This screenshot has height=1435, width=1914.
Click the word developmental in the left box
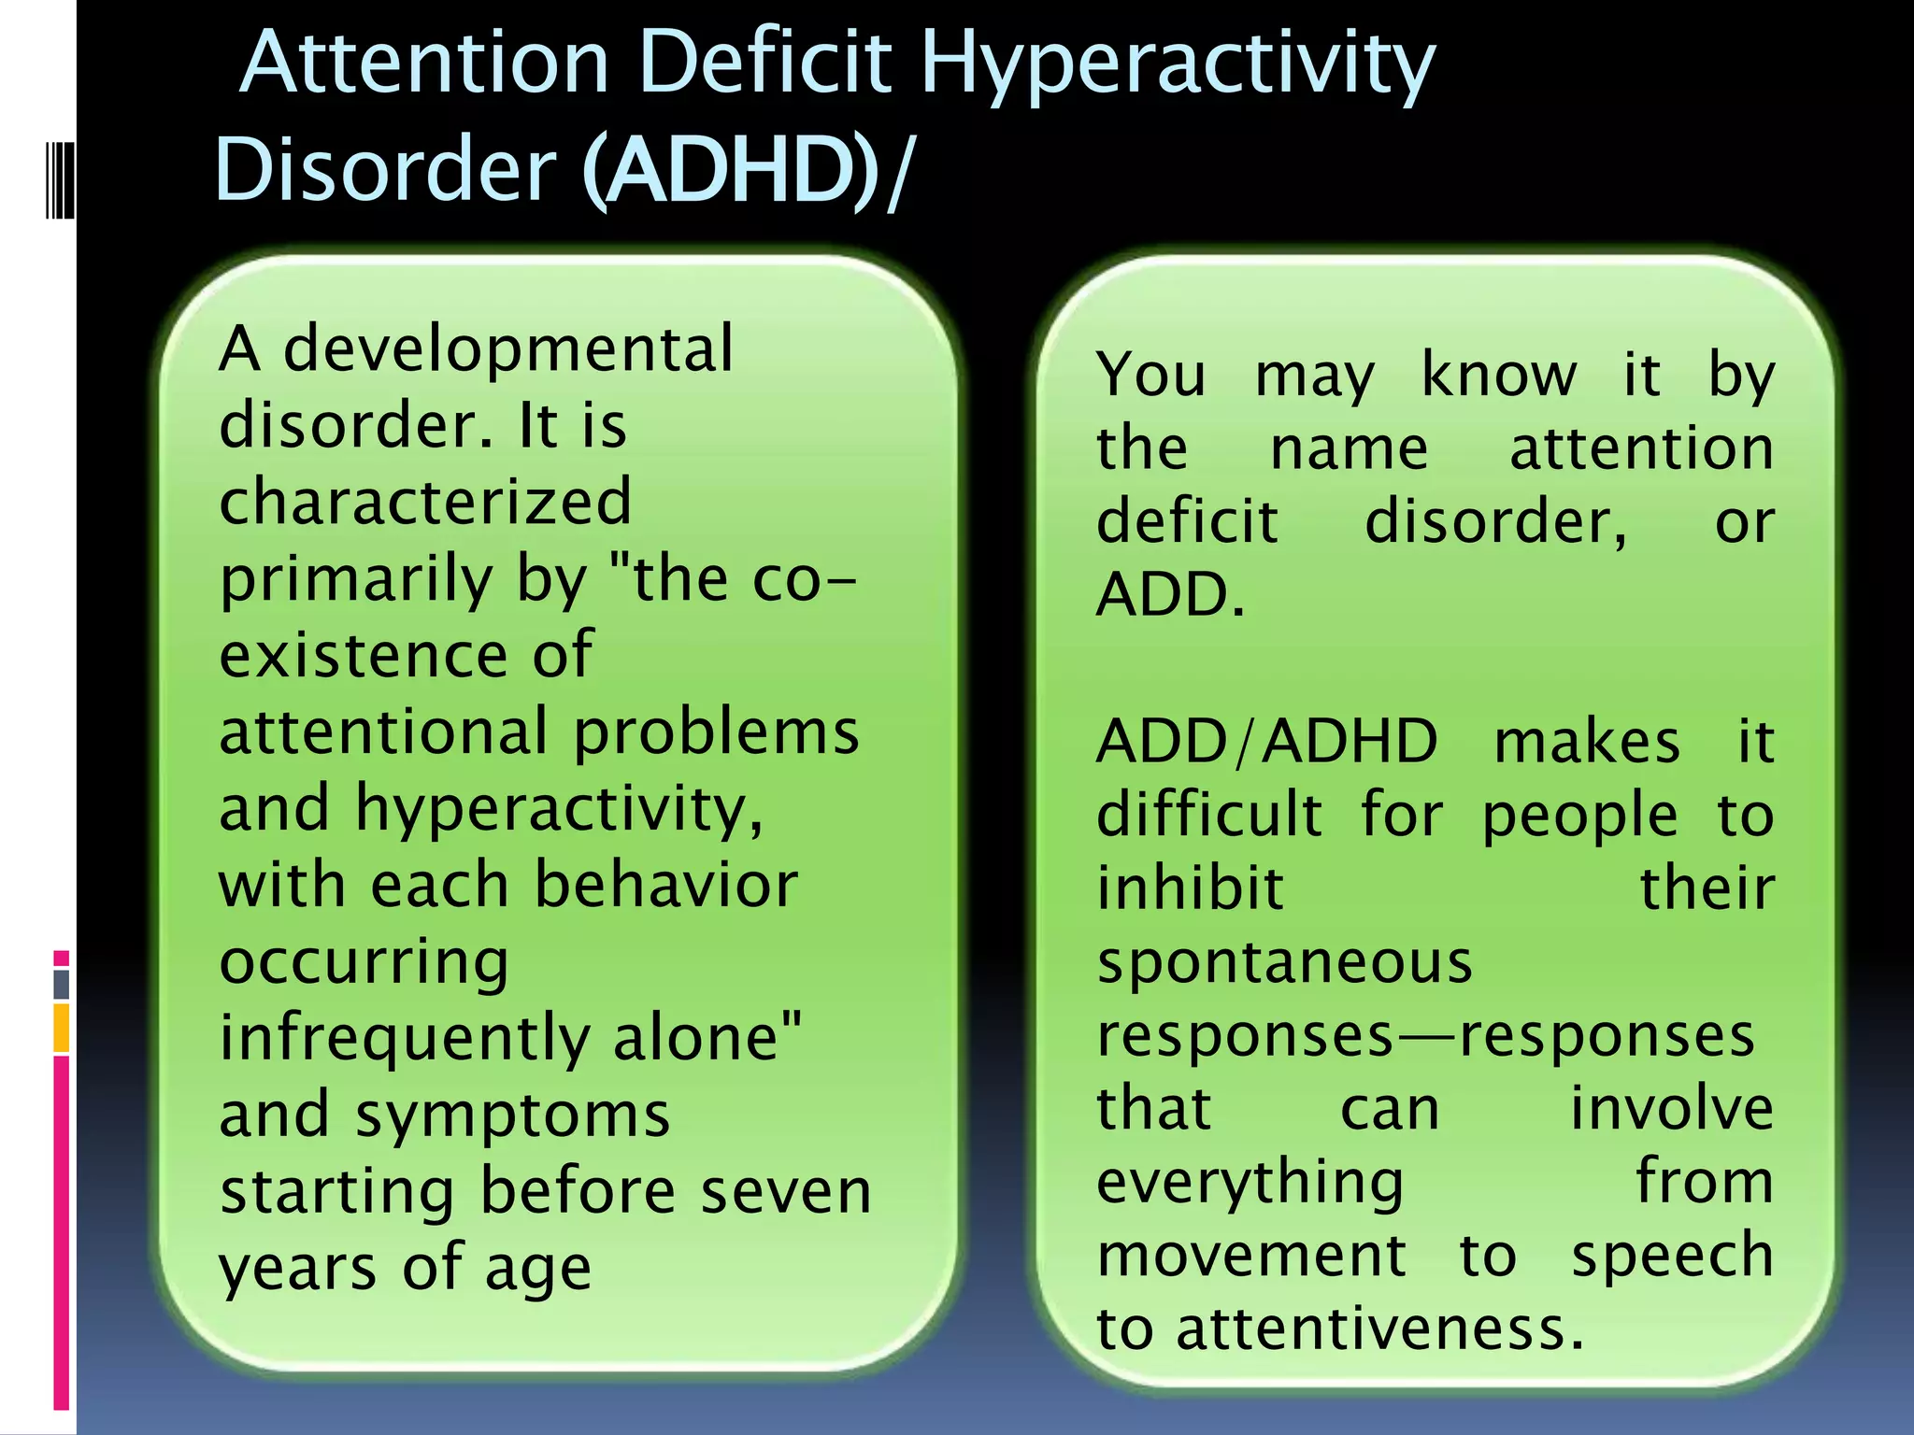click(507, 348)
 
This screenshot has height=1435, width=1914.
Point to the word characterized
click(425, 502)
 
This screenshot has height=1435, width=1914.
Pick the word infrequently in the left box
click(404, 1038)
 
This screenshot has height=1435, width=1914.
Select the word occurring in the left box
click(364, 962)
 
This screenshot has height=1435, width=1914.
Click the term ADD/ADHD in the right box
click(1266, 742)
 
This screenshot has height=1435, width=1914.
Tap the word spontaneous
click(1284, 962)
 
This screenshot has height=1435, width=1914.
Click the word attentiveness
click(1379, 1328)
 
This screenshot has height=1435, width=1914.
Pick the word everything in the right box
click(1250, 1183)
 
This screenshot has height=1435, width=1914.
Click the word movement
click(1250, 1256)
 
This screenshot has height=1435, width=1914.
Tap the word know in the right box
click(1498, 375)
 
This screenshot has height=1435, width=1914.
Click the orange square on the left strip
click(62, 1028)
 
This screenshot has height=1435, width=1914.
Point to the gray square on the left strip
click(62, 984)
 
